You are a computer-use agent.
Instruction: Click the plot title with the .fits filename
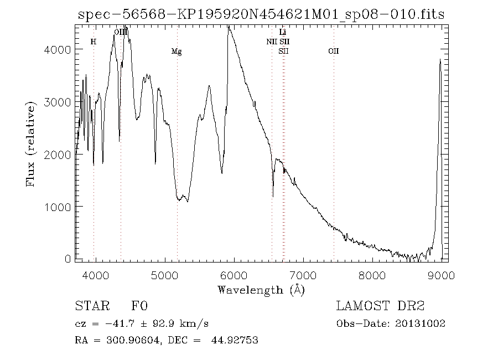pos(260,14)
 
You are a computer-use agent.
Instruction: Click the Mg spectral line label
pos(177,52)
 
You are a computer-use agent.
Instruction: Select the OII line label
pos(333,52)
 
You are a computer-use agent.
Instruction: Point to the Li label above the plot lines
pos(283,33)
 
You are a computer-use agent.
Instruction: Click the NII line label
pos(272,42)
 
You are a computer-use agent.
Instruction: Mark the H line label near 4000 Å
pos(94,42)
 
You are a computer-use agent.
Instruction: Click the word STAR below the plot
pos(89,306)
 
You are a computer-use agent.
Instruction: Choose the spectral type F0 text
pos(139,306)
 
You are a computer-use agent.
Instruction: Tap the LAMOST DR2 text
pos(380,306)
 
